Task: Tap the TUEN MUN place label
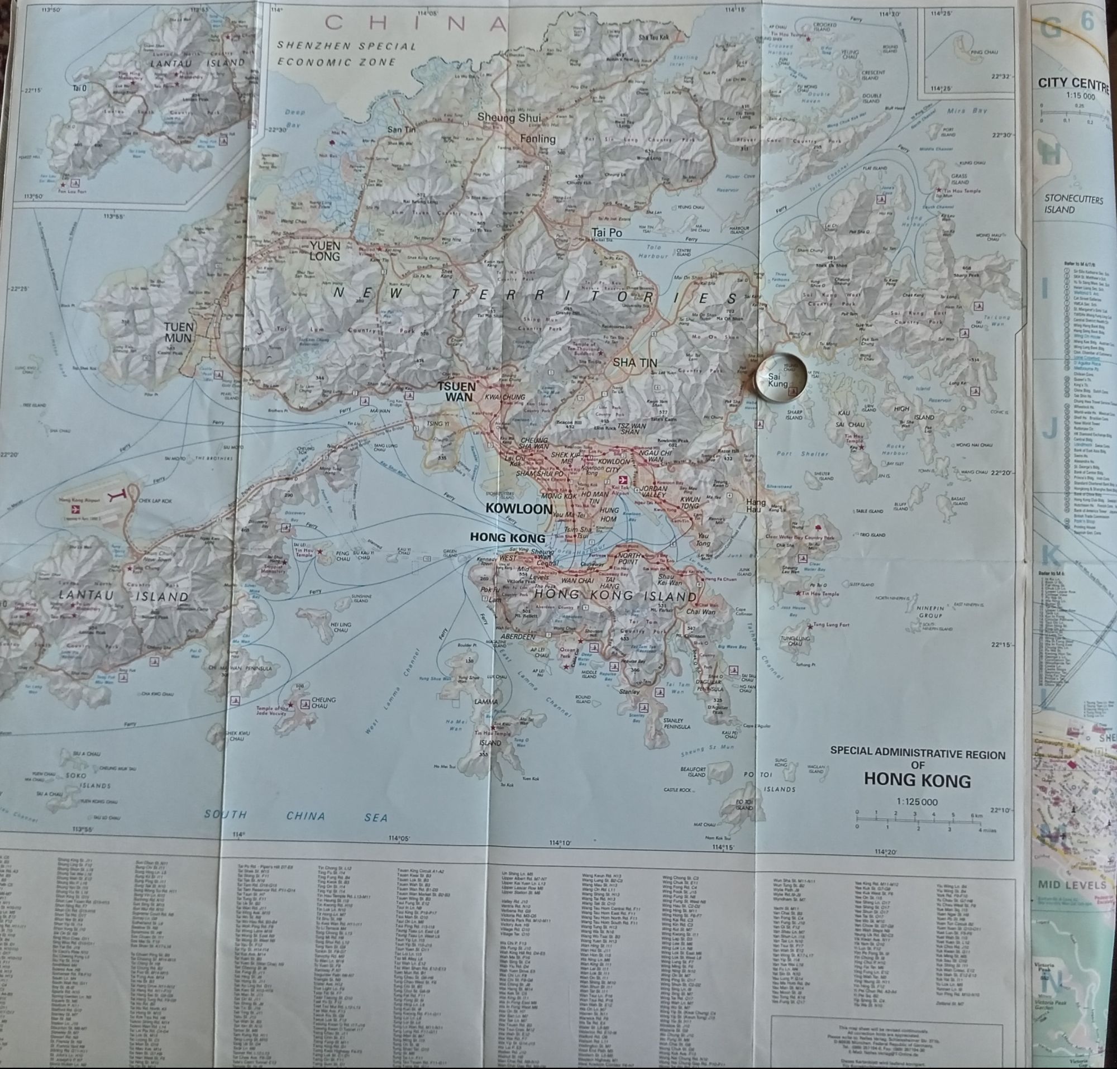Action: point(178,332)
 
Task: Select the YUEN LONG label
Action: point(325,250)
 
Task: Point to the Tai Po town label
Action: point(607,232)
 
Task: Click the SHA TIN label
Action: point(635,362)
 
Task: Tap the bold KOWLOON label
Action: point(511,508)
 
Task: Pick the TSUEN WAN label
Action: point(455,391)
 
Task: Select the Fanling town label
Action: point(537,139)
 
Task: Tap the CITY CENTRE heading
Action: point(1073,84)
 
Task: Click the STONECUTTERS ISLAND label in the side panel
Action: point(1073,204)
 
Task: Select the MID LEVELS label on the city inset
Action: point(1071,884)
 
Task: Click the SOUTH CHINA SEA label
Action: point(297,816)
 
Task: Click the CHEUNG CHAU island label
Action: point(323,702)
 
